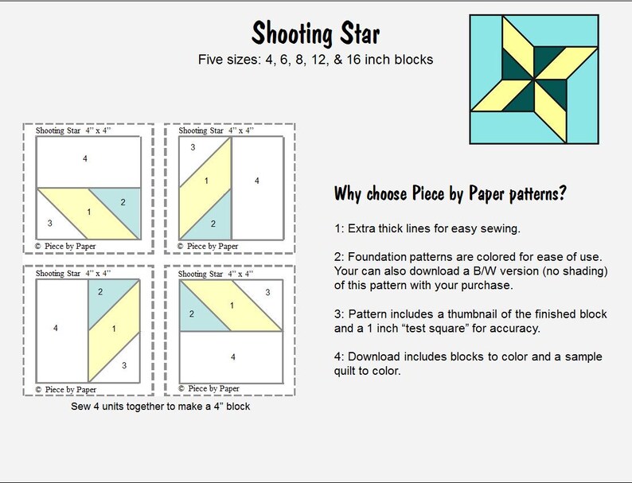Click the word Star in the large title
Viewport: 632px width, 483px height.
pyautogui.click(x=356, y=33)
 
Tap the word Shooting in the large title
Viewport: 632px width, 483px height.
pyautogui.click(x=289, y=33)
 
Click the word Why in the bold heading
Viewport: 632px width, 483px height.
pyautogui.click(x=351, y=193)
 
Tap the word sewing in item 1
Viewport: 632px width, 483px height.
pyautogui.click(x=500, y=229)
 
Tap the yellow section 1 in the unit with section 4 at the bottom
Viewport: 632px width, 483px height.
pyautogui.click(x=232, y=306)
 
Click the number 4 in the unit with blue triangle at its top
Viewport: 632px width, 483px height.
pyautogui.click(x=55, y=327)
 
